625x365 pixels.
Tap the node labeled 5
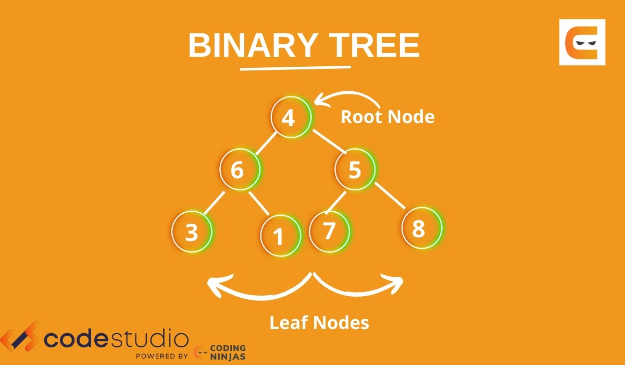(355, 170)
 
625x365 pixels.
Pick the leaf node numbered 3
(192, 232)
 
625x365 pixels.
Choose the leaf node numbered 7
(329, 230)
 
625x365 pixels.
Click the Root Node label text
(387, 117)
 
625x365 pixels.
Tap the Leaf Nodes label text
(319, 323)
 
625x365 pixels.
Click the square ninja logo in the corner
(582, 42)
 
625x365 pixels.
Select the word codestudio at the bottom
(116, 339)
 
